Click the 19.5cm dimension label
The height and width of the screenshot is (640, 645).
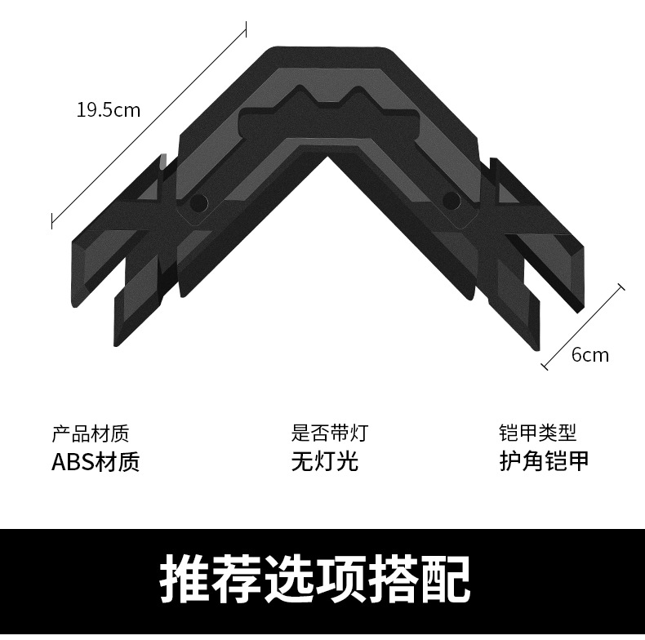click(x=109, y=109)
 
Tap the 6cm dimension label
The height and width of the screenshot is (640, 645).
click(x=589, y=354)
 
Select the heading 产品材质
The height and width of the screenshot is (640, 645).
click(x=90, y=433)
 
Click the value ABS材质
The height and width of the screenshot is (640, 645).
click(x=96, y=461)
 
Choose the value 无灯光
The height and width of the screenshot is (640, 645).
click(x=324, y=461)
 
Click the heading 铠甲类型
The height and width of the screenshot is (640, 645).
click(x=537, y=433)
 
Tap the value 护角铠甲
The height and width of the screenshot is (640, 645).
click(x=543, y=461)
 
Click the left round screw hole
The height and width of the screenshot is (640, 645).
click(x=197, y=202)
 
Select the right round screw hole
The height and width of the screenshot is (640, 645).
click(x=450, y=200)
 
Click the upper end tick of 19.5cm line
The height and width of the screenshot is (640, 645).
click(x=246, y=31)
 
